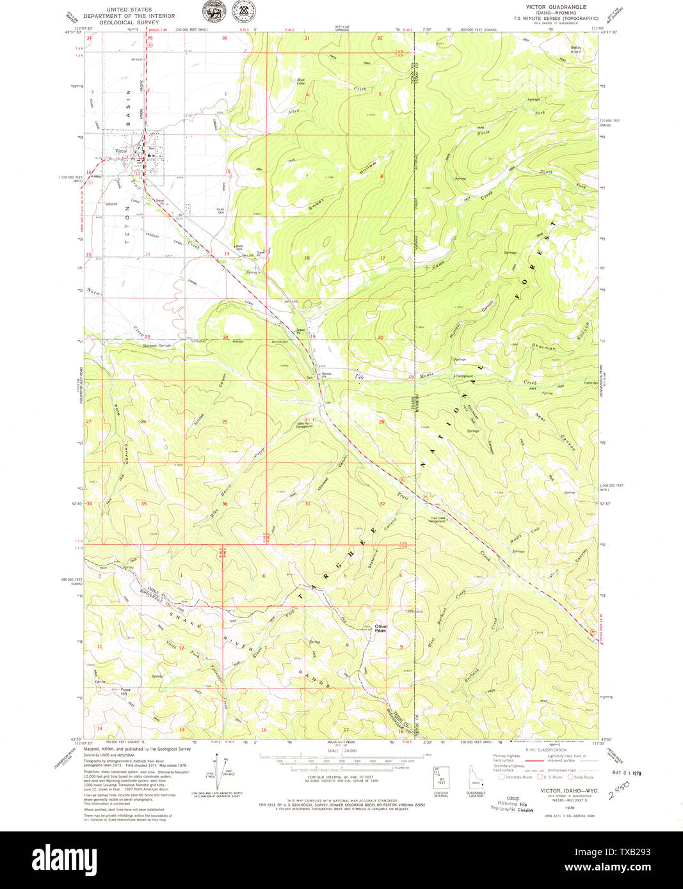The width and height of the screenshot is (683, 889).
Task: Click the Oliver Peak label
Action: tap(382, 628)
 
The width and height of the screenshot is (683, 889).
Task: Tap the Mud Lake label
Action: tap(300, 81)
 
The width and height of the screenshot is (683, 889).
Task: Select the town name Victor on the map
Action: tap(122, 151)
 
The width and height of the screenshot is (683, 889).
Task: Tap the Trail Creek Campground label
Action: tap(437, 520)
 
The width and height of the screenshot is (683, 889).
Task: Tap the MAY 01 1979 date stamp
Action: tap(626, 773)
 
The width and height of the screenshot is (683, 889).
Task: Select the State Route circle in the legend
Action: tap(572, 777)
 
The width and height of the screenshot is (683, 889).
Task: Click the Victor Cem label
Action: tap(220, 211)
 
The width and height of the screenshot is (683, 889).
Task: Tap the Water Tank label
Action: tap(240, 247)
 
